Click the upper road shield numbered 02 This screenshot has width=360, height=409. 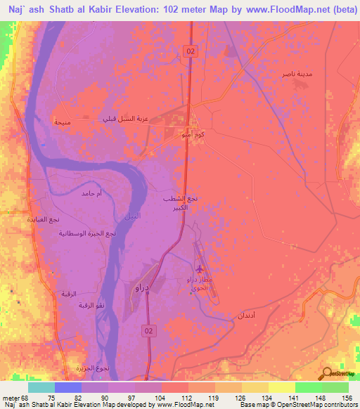tap(191, 50)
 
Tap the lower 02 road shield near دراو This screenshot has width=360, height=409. tap(148, 330)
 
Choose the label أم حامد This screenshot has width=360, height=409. tap(93, 193)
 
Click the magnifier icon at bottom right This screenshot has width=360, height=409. tap(328, 375)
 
